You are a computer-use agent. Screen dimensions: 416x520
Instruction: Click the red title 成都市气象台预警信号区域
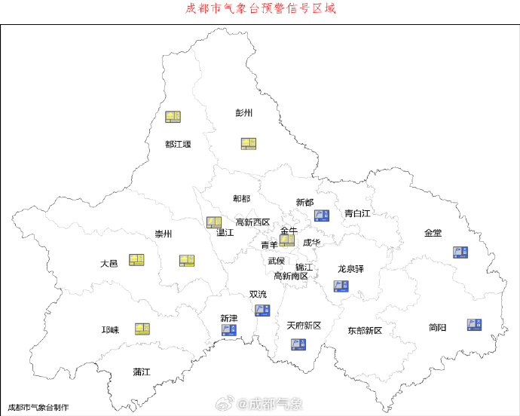(260, 9)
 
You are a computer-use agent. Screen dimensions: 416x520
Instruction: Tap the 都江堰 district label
(178, 144)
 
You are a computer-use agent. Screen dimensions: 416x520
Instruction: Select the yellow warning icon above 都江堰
(173, 117)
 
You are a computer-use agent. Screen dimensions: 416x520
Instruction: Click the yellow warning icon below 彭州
(249, 143)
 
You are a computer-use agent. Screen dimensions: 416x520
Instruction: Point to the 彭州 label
(243, 113)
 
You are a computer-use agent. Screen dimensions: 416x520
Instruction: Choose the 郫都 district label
(242, 198)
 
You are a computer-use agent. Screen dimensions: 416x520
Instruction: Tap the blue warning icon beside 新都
(322, 216)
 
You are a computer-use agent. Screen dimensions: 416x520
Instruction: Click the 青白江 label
(357, 213)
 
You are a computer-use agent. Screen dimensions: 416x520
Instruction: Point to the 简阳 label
(437, 327)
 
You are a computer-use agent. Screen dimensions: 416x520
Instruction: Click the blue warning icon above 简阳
(474, 324)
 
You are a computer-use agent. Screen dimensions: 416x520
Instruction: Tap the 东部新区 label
(365, 331)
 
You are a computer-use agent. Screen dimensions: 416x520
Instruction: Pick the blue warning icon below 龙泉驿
(341, 286)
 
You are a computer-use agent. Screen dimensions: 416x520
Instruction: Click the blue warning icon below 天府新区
(298, 344)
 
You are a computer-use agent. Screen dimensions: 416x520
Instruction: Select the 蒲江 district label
(142, 372)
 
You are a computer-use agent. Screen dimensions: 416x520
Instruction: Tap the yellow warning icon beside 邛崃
(142, 329)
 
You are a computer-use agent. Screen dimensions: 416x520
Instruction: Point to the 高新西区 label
(252, 222)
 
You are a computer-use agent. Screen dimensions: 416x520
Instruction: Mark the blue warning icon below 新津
(228, 329)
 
